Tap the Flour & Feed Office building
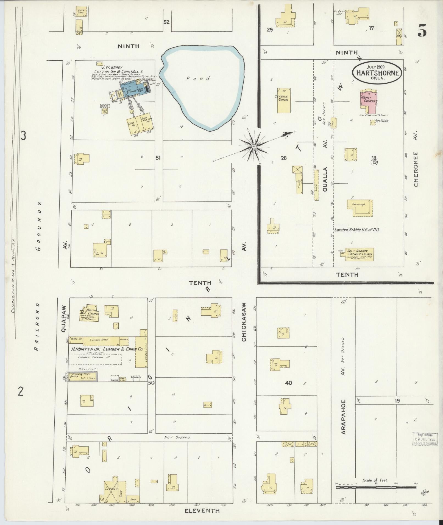point(82,376)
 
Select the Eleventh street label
point(202,511)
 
